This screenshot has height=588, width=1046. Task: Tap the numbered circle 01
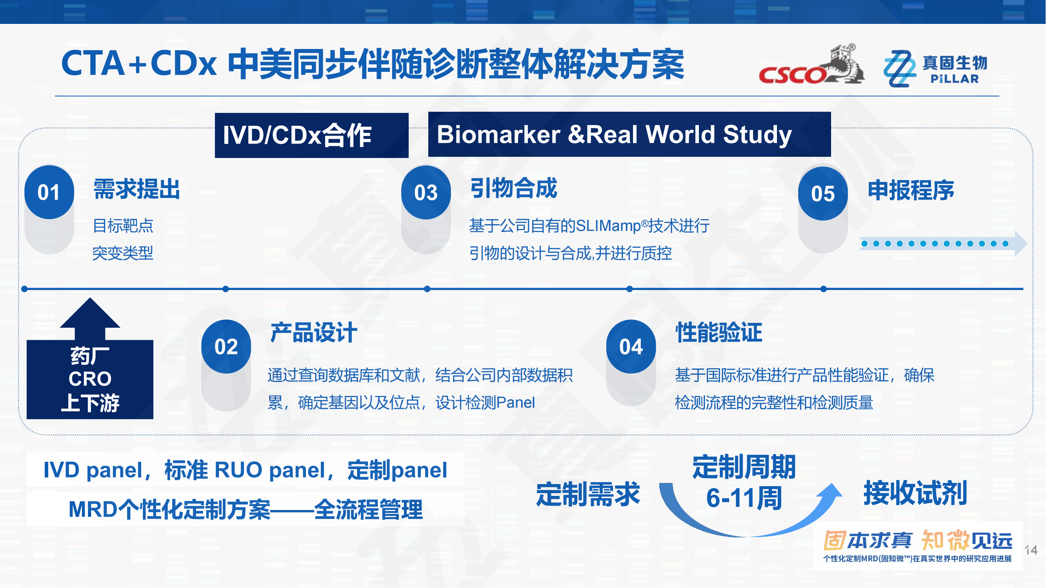(x=49, y=192)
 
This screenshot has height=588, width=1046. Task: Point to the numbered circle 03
(x=426, y=192)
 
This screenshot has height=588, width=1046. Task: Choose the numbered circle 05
(x=823, y=194)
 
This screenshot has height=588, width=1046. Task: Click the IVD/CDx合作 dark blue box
(x=311, y=135)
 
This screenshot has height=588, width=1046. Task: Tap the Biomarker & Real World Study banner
(x=629, y=134)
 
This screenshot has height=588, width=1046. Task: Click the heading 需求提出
(x=136, y=189)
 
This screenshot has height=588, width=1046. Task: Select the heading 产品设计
(x=314, y=333)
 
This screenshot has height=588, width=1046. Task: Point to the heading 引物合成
(x=514, y=188)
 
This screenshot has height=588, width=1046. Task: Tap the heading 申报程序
(x=911, y=191)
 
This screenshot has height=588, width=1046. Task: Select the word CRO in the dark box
(x=90, y=379)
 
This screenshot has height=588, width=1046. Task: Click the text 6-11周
(x=744, y=498)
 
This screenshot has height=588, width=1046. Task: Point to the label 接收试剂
(x=915, y=494)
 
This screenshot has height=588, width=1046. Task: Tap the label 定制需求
(x=588, y=495)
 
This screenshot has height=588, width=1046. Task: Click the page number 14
(x=1031, y=551)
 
